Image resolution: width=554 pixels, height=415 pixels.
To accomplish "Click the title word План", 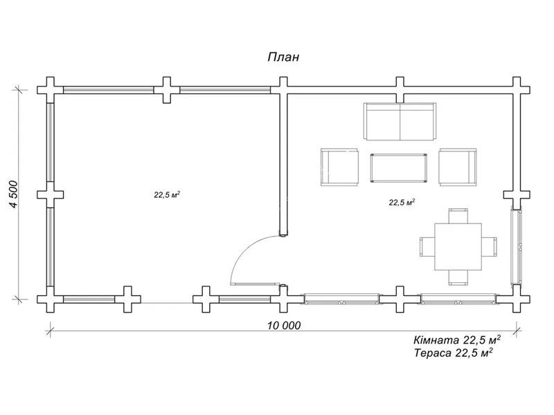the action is [x=283, y=57].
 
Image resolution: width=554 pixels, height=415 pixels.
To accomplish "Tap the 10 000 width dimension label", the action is [x=284, y=325].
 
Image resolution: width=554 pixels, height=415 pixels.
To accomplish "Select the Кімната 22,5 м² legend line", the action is [x=457, y=340].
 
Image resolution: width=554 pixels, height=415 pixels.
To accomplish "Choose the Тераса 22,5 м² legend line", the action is [x=454, y=353].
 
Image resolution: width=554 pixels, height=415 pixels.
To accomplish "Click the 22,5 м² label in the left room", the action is [x=167, y=194].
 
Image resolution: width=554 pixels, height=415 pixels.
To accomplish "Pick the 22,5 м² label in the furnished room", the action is [x=402, y=202].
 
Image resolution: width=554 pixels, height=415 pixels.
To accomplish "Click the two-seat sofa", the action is [x=400, y=121].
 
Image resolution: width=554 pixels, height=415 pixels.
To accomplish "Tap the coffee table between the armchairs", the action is [x=399, y=168].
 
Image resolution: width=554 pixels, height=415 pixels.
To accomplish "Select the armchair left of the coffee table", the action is [x=339, y=167].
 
